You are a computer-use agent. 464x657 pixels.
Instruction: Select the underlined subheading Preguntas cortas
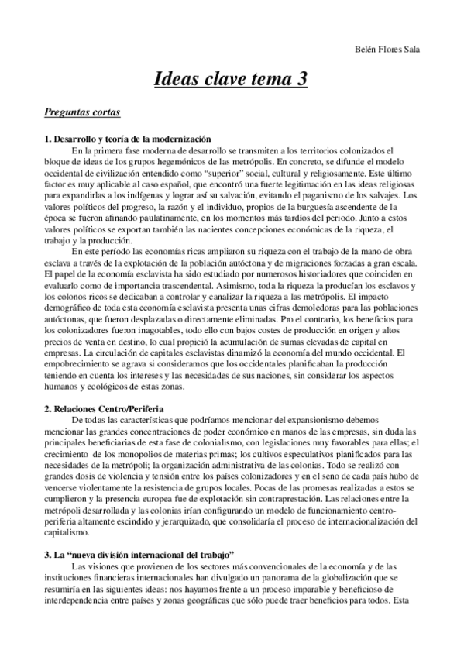pyautogui.click(x=82, y=113)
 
